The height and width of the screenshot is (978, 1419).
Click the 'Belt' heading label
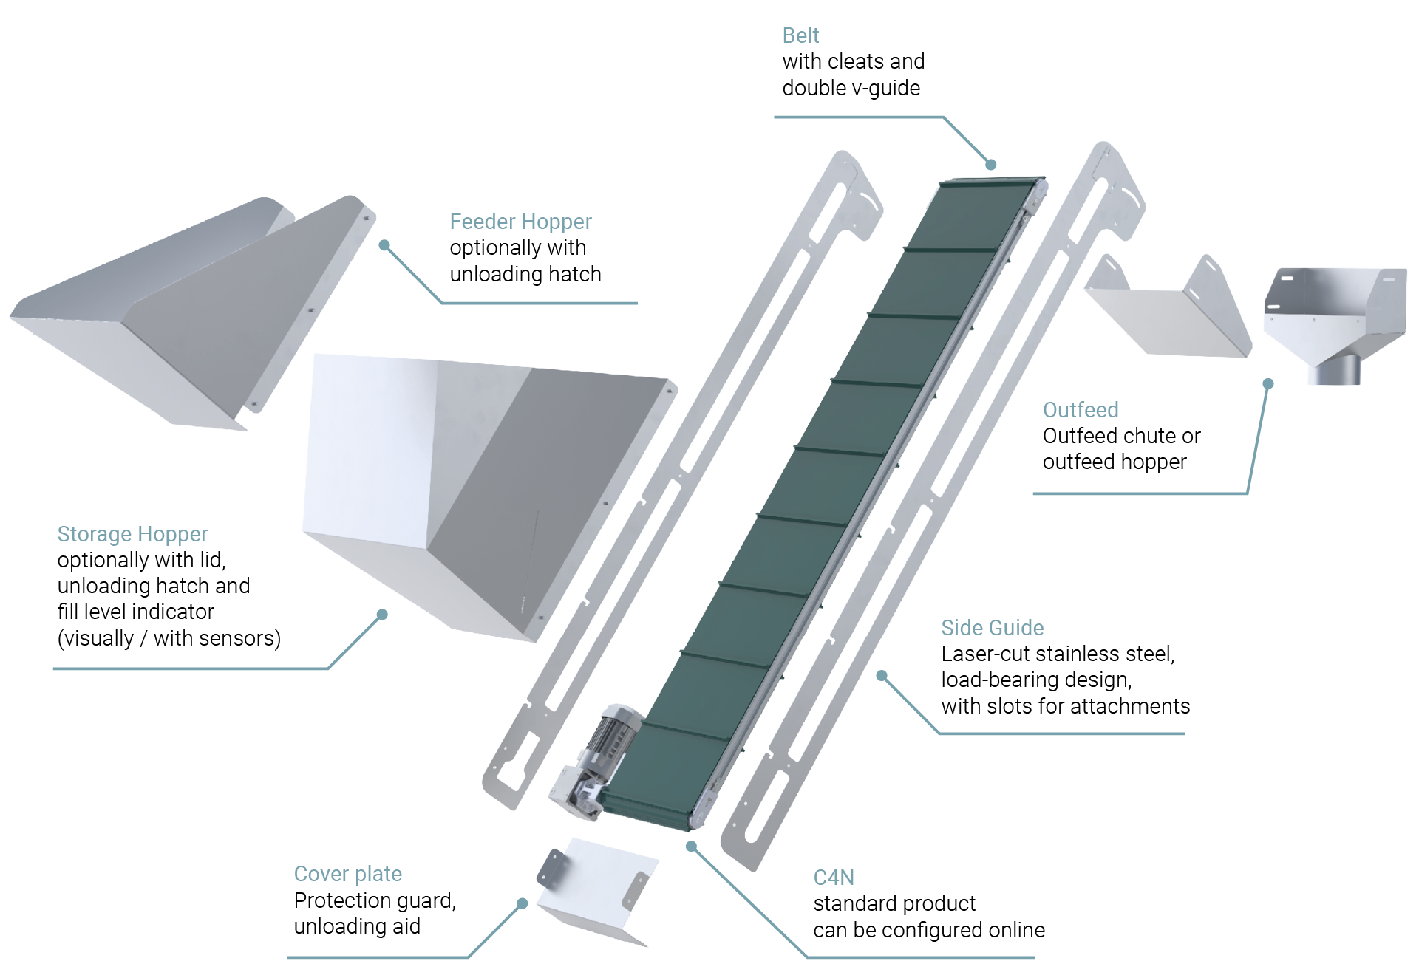click(x=800, y=35)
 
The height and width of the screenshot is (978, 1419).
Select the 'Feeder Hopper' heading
click(x=520, y=222)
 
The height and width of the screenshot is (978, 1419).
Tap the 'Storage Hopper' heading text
click(x=132, y=534)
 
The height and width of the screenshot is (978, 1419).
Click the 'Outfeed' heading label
click(x=1081, y=410)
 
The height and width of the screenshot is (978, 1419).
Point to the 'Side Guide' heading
click(x=993, y=628)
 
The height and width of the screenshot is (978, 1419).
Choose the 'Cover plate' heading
click(x=348, y=875)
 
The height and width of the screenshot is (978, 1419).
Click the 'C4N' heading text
click(x=834, y=878)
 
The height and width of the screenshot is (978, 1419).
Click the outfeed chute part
click(x=1168, y=307)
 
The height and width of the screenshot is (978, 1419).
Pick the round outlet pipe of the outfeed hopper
click(x=1334, y=369)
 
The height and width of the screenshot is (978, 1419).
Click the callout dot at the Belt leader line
click(x=991, y=165)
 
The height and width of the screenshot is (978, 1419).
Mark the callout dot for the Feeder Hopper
click(x=384, y=245)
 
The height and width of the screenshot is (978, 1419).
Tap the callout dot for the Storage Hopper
click(x=382, y=615)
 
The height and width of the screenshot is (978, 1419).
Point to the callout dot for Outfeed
click(x=1268, y=384)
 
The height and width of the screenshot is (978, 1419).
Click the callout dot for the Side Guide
click(x=882, y=676)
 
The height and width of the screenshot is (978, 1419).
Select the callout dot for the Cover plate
click(x=522, y=903)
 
